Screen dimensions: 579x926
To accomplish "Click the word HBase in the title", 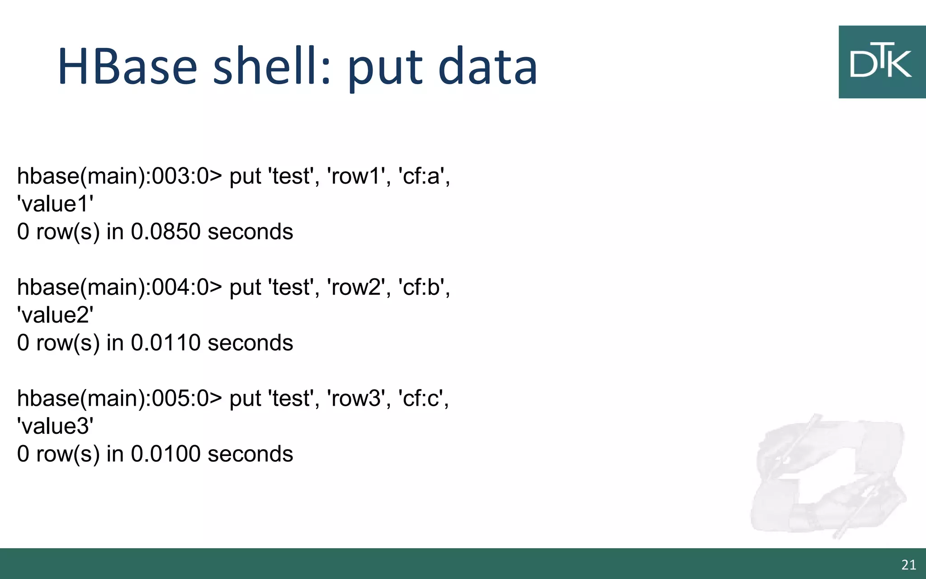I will (128, 66).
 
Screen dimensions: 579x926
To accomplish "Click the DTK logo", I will (882, 62).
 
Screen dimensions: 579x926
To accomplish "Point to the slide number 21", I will (908, 565).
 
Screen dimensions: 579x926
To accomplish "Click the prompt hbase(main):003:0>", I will (120, 176).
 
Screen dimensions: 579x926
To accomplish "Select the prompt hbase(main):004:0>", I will (120, 287).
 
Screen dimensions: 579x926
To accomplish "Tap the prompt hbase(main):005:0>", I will (120, 399).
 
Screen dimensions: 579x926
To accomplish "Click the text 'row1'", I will (356, 176).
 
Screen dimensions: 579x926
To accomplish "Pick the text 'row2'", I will (356, 287).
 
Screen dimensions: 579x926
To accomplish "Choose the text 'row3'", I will (356, 399).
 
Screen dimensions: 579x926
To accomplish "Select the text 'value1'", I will (55, 204).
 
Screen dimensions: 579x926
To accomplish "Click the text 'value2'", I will (55, 315).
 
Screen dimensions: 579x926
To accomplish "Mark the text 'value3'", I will (55, 427).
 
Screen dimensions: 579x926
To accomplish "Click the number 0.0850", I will (165, 232).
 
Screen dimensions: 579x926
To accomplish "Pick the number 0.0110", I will (165, 343).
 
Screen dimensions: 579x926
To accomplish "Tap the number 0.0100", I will (165, 454).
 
